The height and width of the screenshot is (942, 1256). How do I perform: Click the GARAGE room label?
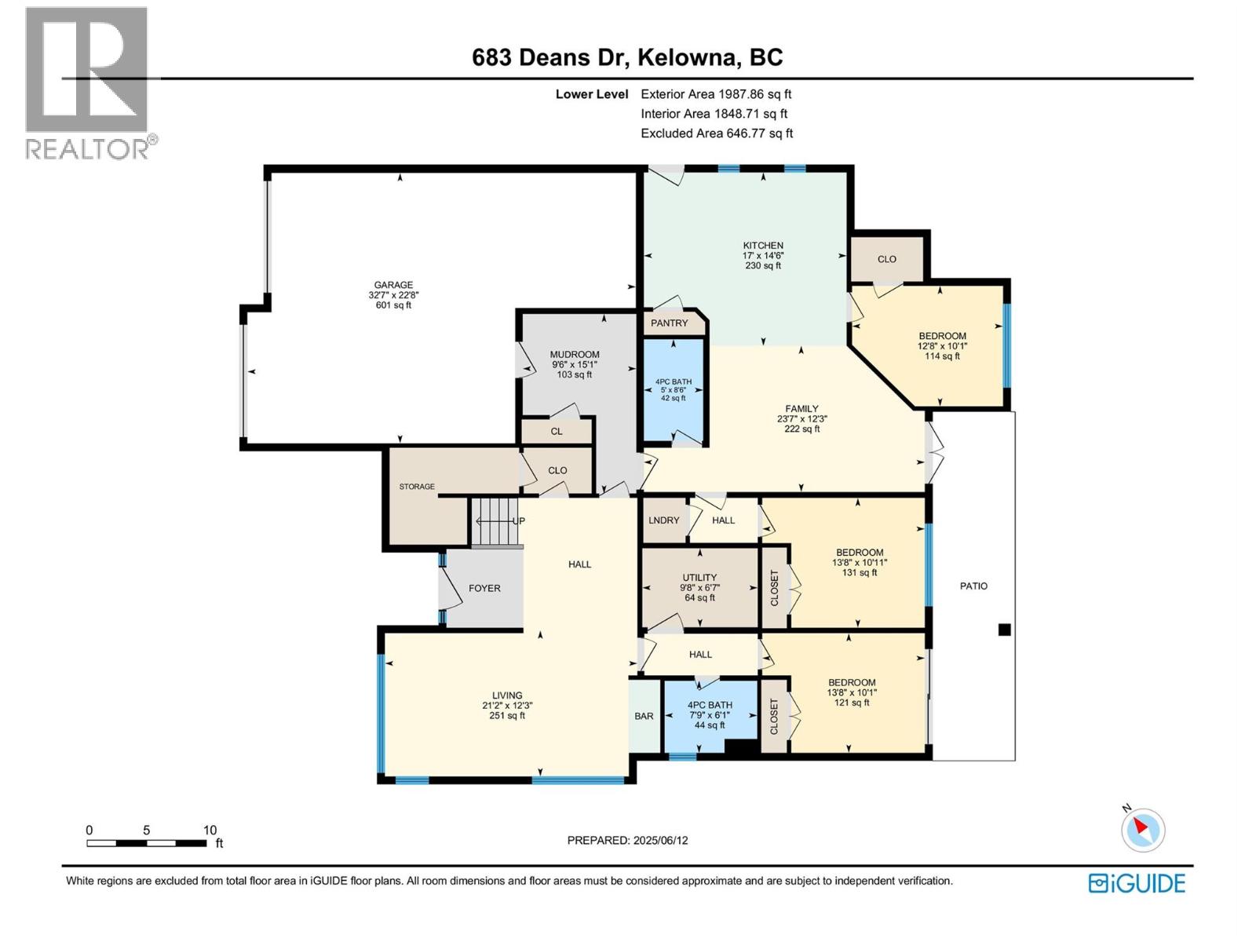coord(393,286)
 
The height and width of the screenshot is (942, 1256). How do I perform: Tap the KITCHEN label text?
coord(763,246)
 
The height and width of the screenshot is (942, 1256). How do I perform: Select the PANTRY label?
coord(669,323)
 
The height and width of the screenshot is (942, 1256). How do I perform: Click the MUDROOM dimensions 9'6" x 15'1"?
coord(575,364)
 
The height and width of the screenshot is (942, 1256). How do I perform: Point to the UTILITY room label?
coord(699,578)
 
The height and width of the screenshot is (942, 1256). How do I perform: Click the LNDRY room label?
coord(664,520)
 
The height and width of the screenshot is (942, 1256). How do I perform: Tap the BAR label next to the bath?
coord(644,716)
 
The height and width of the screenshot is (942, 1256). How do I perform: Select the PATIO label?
coord(973,586)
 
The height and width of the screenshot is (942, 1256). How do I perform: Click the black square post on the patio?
coord(1004,630)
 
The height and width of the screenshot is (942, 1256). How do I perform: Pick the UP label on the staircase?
coord(518,521)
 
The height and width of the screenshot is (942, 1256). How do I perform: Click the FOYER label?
coord(484,588)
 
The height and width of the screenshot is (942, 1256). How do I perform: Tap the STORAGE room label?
coord(417,487)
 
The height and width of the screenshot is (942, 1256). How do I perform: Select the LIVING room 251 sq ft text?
coord(507,715)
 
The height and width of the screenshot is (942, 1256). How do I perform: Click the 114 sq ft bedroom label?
coord(942,356)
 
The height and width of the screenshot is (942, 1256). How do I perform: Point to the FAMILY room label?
coord(801,409)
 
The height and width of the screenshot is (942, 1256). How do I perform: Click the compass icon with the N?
coord(1142,830)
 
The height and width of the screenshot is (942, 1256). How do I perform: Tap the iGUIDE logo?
coord(1137,883)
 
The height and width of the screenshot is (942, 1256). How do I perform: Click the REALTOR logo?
coord(88,82)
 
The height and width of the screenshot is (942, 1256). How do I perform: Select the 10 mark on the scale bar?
coord(210,830)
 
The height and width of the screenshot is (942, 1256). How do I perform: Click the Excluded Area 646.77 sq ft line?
coord(716,133)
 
